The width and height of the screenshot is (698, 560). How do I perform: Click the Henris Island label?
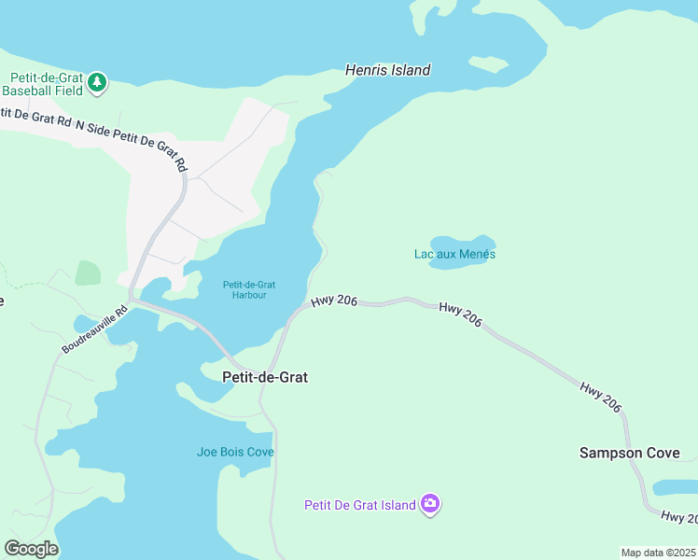387,70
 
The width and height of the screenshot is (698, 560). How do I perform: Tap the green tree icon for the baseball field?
97,84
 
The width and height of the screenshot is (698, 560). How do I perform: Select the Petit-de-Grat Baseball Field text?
43,84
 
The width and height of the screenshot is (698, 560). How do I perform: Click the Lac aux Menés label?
454,254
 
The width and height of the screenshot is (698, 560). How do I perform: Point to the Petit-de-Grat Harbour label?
249,290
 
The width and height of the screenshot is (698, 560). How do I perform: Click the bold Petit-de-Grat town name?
265,377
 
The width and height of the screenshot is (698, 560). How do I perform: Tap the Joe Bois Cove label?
235,452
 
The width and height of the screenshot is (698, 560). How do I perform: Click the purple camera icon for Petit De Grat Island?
429,505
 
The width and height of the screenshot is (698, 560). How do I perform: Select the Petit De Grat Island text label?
359,506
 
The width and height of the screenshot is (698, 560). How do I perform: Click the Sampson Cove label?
630,453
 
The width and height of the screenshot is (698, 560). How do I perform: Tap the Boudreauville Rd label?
94,331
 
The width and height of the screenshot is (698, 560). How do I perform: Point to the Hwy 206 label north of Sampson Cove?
599,397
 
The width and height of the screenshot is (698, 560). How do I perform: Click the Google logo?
31,548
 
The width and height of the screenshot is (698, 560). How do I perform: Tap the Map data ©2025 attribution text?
658,553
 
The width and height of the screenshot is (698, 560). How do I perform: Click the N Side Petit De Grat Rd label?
132,138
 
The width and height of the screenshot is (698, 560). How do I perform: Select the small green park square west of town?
88,273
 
